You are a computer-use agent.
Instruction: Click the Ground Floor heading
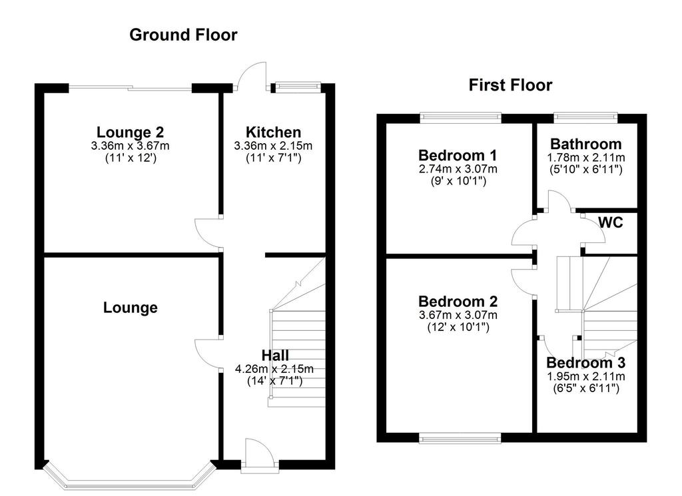pyautogui.click(x=183, y=35)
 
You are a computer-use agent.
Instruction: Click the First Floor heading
pyautogui.click(x=510, y=85)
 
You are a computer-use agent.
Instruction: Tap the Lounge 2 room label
pyautogui.click(x=130, y=132)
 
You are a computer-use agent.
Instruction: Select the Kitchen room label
pyautogui.click(x=273, y=132)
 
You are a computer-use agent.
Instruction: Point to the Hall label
pyautogui.click(x=275, y=355)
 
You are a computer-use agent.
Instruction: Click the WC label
pyautogui.click(x=611, y=222)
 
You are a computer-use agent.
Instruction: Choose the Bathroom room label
pyautogui.click(x=586, y=144)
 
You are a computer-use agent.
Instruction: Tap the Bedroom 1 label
pyautogui.click(x=458, y=155)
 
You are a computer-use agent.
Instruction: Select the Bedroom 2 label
pyautogui.click(x=458, y=301)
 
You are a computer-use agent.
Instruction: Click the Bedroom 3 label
pyautogui.click(x=586, y=363)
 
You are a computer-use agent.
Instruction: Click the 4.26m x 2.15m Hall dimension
pyautogui.click(x=274, y=369)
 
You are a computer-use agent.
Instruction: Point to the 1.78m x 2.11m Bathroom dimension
pyautogui.click(x=586, y=157)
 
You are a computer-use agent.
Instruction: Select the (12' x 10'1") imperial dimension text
pyautogui.click(x=458, y=327)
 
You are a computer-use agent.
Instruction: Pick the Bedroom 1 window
pyautogui.click(x=461, y=117)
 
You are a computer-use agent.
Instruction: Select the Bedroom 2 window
pyautogui.click(x=460, y=438)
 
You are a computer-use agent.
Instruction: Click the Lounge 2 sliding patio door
pyautogui.click(x=130, y=88)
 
